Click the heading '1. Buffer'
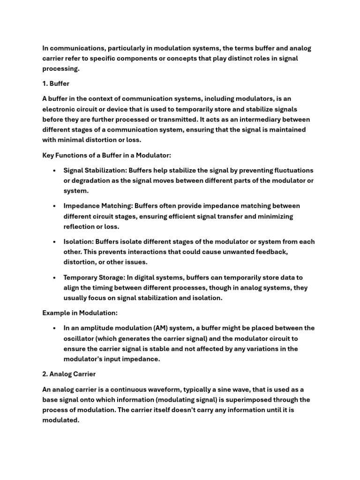(56, 84)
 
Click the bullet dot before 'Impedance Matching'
(55, 206)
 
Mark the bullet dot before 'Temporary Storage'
(55, 277)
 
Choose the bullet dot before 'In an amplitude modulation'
(55, 328)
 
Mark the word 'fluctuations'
(291, 170)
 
